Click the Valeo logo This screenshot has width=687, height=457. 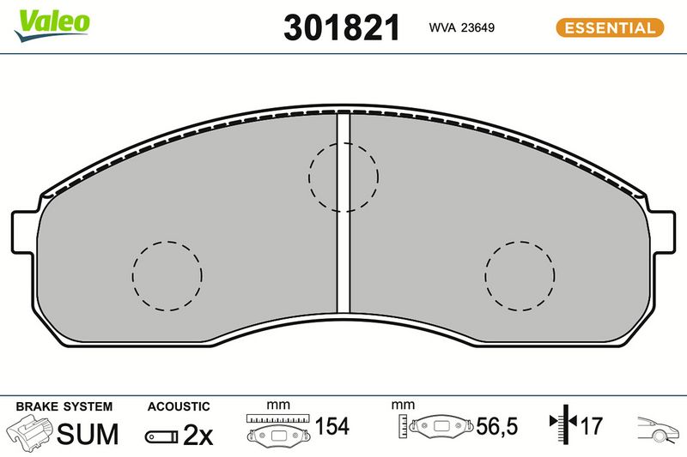[x=52, y=25]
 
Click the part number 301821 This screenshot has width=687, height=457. [x=342, y=27]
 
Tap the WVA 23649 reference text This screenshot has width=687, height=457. [x=461, y=27]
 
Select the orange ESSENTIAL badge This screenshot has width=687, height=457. [x=610, y=27]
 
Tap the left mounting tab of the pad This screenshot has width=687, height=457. [x=23, y=232]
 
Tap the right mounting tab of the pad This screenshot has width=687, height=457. [x=663, y=232]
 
